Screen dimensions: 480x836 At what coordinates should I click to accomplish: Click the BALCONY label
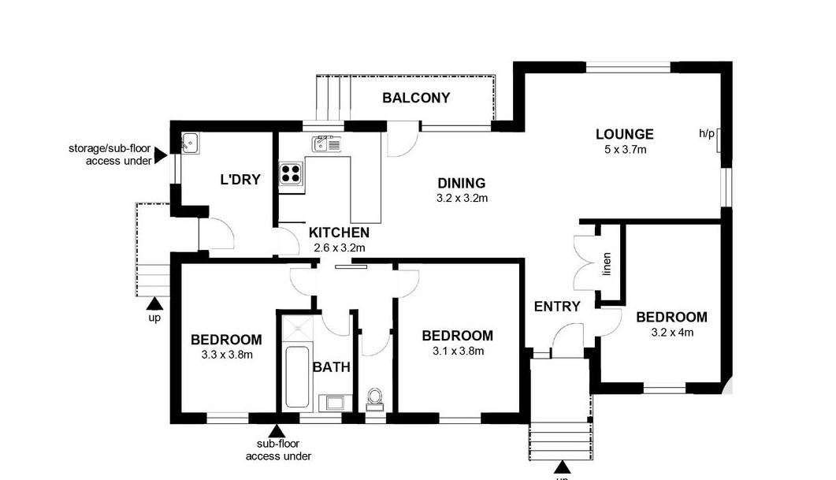pos(416,98)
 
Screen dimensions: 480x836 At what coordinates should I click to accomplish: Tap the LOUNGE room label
pos(624,134)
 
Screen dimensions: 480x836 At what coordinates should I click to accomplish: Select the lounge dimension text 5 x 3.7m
pos(624,149)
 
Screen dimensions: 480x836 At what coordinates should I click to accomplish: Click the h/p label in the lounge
pos(706,134)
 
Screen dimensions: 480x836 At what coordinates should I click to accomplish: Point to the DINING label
pos(461,184)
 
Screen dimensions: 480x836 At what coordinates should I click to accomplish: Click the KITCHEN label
pos(339,233)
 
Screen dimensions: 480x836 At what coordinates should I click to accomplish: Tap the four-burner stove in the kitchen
pos(292,173)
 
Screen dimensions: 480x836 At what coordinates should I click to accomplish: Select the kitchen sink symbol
pos(325,143)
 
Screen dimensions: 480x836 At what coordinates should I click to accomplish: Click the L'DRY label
pos(240,179)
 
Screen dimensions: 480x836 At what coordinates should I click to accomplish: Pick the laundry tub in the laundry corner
pos(188,143)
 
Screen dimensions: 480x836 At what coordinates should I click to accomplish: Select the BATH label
pos(331,367)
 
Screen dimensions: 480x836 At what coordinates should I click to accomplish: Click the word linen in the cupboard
pos(607,264)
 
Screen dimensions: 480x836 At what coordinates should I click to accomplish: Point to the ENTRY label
pos(556,307)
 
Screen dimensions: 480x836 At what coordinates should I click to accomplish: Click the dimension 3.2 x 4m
pos(672,332)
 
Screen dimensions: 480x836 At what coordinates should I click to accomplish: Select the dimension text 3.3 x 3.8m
pos(226,355)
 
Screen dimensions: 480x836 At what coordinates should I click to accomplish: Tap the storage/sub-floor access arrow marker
pos(160,155)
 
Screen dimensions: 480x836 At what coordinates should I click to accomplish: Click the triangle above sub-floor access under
pos(277,431)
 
